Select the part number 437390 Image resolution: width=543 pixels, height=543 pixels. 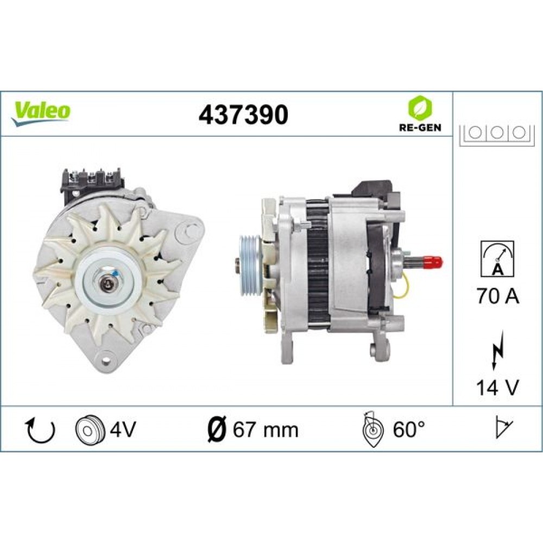tap(243, 115)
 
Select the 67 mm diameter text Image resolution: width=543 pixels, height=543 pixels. tap(265, 430)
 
